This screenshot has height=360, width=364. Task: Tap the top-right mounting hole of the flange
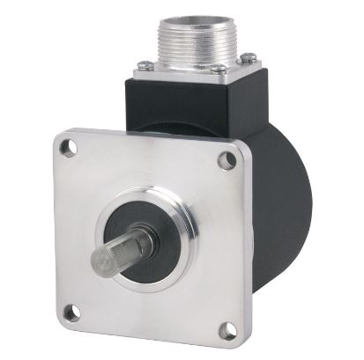point(227,160)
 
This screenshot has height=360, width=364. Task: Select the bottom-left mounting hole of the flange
point(71,311)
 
